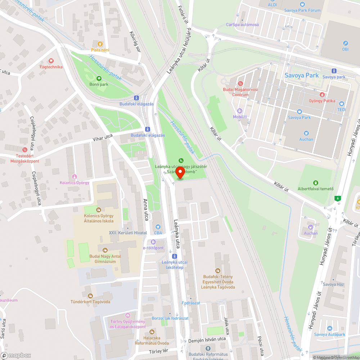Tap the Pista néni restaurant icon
click(95, 44)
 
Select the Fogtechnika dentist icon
click(51, 61)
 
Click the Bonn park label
click(99, 84)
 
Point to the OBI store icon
click(345, 43)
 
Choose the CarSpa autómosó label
click(242, 25)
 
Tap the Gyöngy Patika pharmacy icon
click(322, 95)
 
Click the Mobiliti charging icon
click(240, 111)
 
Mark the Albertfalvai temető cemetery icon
click(316, 183)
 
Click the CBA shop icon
click(158, 227)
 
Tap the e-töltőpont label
click(153, 248)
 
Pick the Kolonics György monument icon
click(75, 176)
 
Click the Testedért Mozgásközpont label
click(22, 158)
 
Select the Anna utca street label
click(146, 210)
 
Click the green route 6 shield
click(337, 198)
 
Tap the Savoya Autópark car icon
click(329, 328)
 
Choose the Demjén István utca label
click(207, 339)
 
